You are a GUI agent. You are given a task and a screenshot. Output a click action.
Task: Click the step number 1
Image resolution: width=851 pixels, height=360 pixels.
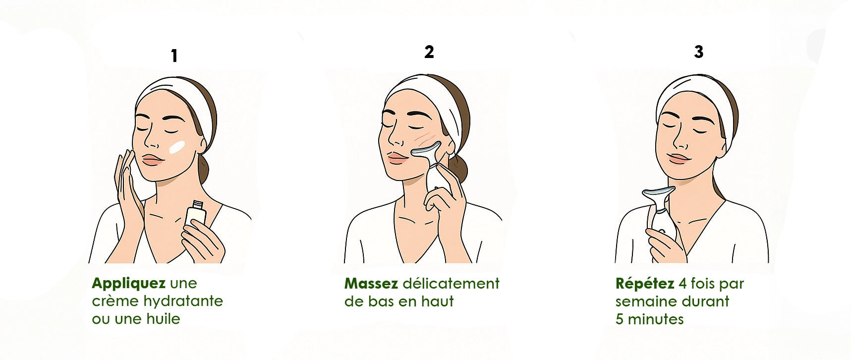click(174, 56)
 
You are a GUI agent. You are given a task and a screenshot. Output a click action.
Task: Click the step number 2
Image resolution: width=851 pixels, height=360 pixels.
click(429, 52)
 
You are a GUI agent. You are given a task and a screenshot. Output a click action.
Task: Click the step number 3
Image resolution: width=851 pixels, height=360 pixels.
click(699, 52)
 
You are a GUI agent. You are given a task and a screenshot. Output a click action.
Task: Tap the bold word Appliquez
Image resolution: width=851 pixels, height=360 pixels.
click(129, 284)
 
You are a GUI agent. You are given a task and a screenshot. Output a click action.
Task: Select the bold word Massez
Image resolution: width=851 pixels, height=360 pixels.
click(371, 284)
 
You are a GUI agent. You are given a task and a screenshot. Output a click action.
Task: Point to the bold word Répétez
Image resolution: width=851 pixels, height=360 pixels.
click(645, 284)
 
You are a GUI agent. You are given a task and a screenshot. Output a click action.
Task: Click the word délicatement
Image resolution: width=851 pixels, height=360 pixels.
click(451, 284)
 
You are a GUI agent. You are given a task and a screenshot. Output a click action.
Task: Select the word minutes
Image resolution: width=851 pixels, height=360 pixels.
click(656, 319)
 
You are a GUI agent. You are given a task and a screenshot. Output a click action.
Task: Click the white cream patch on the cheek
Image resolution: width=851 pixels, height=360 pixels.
click(177, 147)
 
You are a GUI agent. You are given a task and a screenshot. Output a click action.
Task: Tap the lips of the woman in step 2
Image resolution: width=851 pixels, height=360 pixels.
click(397, 157)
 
